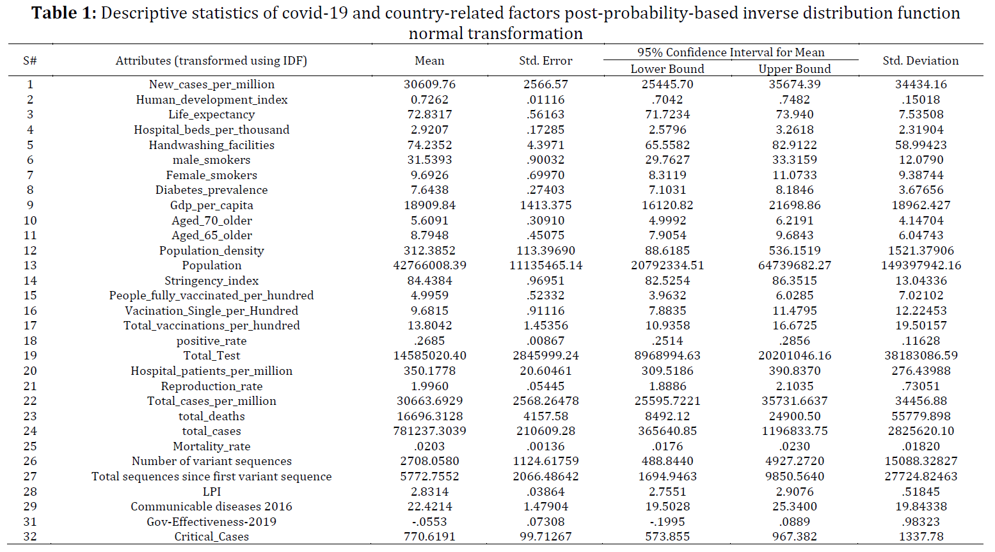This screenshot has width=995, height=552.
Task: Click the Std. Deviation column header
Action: pyautogui.click(x=920, y=60)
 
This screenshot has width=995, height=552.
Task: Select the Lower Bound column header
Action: pyautogui.click(x=667, y=69)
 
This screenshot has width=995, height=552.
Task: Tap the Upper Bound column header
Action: pyautogui.click(x=794, y=69)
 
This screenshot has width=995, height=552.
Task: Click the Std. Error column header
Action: pyautogui.click(x=545, y=60)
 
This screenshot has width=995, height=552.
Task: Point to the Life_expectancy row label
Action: pyautogui.click(x=211, y=114)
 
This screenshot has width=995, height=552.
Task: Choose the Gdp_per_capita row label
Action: pyautogui.click(x=211, y=205)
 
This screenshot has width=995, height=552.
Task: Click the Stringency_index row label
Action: pyautogui.click(x=211, y=281)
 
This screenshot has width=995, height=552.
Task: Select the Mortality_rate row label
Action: pyautogui.click(x=211, y=446)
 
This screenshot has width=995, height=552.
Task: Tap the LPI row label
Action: pyautogui.click(x=211, y=492)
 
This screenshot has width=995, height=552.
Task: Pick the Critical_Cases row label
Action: pyautogui.click(x=211, y=537)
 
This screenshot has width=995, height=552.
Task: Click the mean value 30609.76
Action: pyautogui.click(x=429, y=84)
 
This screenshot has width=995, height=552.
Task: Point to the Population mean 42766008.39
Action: pyautogui.click(x=429, y=265)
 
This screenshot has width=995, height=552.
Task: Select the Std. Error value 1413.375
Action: pyautogui.click(x=545, y=205)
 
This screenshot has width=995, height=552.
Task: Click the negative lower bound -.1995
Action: pyautogui.click(x=667, y=521)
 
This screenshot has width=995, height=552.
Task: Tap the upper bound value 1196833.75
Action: pyautogui.click(x=794, y=430)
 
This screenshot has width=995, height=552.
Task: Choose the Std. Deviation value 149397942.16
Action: pyautogui.click(x=920, y=265)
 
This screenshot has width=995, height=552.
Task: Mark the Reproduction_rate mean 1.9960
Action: pyautogui.click(x=429, y=386)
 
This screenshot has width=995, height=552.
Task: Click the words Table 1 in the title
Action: pyautogui.click(x=63, y=13)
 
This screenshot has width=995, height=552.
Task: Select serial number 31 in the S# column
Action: pyautogui.click(x=30, y=521)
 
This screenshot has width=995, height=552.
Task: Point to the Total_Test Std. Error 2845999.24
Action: pyautogui.click(x=545, y=355)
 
